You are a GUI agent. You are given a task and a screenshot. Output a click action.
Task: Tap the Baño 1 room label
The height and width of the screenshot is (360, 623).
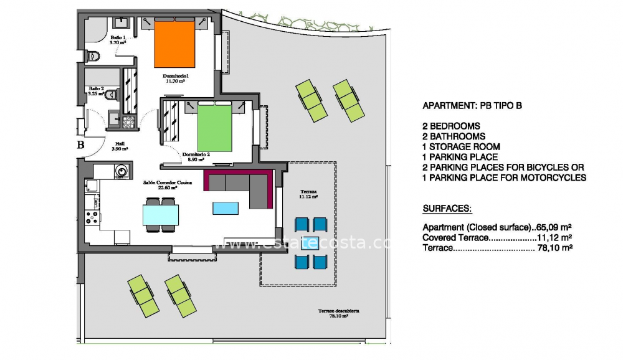coord(118,40)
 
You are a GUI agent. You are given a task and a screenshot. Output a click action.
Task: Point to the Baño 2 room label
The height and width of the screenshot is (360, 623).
coord(97,91)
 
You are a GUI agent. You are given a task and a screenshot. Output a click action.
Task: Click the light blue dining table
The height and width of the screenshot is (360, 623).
coord(161,214)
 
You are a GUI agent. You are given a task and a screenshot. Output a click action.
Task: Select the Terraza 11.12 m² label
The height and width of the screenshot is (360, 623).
coord(308,193)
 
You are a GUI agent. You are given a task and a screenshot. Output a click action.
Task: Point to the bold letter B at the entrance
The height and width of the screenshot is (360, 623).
coord(80,145)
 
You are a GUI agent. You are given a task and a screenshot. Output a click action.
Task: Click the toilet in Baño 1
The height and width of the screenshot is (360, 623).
coord(93,56)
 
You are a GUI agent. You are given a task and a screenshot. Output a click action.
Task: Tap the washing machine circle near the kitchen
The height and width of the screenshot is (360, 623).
coord(121,169)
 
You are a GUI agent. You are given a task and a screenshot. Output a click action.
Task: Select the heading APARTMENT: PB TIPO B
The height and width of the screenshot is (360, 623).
coord(472,106)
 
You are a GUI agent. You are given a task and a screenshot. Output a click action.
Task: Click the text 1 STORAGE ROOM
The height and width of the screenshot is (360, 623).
coord(461,147)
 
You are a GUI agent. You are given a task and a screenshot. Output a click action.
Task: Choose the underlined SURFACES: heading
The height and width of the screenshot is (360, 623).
coord(447,207)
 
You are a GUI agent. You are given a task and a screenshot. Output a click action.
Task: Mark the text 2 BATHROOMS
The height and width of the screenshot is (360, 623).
coord(454,136)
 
